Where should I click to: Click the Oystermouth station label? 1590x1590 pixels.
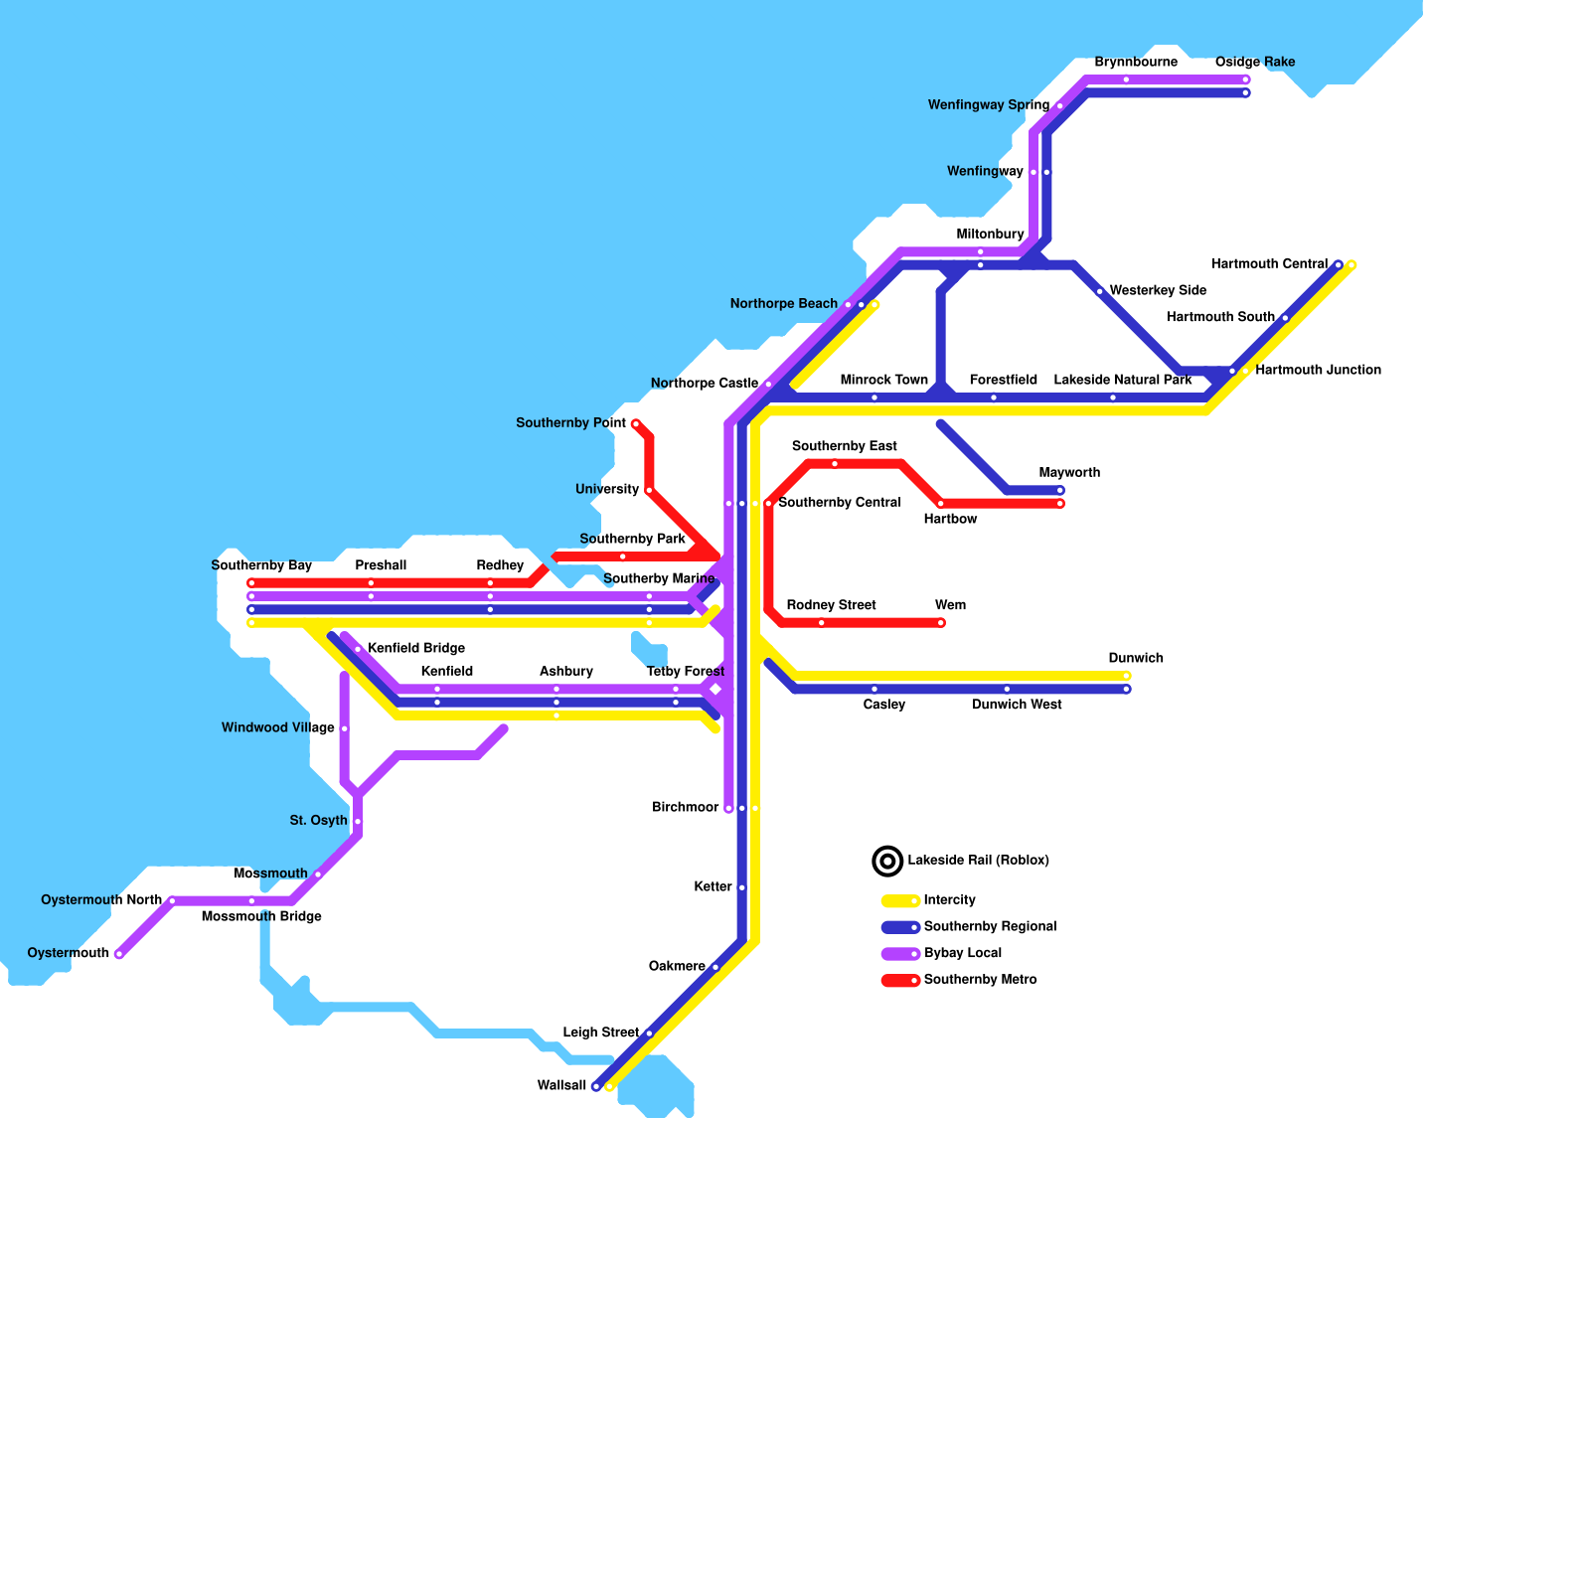pyautogui.click(x=69, y=953)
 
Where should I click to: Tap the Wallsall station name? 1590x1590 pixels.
pyautogui.click(x=561, y=1085)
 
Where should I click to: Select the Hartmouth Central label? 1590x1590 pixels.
pyautogui.click(x=1269, y=264)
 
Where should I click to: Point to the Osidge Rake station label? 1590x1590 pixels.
pyautogui.click(x=1254, y=63)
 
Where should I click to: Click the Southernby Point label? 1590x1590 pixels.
pyautogui.click(x=570, y=423)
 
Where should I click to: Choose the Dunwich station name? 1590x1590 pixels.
pyautogui.click(x=1135, y=659)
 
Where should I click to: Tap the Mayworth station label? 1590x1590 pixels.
pyautogui.click(x=1069, y=473)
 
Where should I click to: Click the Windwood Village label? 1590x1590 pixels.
pyautogui.click(x=277, y=728)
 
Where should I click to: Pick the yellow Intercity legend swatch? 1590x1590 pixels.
pyautogui.click(x=899, y=901)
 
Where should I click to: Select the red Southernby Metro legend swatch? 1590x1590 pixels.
pyautogui.click(x=899, y=981)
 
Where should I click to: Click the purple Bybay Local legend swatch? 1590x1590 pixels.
pyautogui.click(x=899, y=954)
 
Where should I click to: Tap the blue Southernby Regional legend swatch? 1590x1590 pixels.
pyautogui.click(x=899, y=927)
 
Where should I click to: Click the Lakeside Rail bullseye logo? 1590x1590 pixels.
pyautogui.click(x=887, y=861)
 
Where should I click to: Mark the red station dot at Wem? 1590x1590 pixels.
pyautogui.click(x=941, y=623)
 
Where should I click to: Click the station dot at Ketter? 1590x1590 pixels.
pyautogui.click(x=741, y=887)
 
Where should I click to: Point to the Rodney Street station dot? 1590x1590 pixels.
pyautogui.click(x=821, y=623)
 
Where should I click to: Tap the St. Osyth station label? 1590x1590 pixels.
pyautogui.click(x=318, y=821)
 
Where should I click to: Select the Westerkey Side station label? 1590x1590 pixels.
pyautogui.click(x=1158, y=291)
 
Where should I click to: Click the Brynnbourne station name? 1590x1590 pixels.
pyautogui.click(x=1136, y=63)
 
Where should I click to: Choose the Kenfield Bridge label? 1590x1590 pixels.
pyautogui.click(x=415, y=649)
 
